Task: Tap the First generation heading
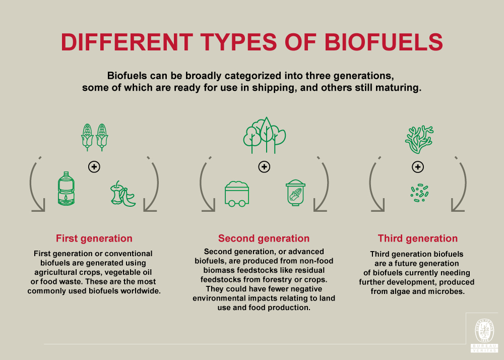[94, 238]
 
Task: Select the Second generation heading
[264, 238]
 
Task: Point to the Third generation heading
[418, 238]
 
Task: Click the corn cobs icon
[95, 137]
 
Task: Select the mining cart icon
[236, 194]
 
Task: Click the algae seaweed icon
[418, 140]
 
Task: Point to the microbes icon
[419, 193]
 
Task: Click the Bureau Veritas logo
[484, 333]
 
